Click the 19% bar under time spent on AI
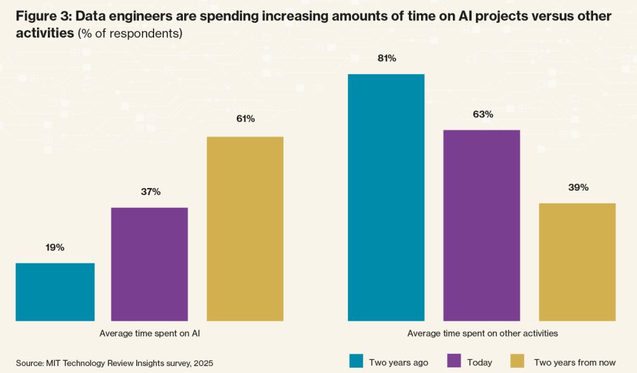[x=55, y=291]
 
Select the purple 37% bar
[x=149, y=264]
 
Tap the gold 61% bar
[x=245, y=228]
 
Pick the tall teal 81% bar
[x=386, y=197]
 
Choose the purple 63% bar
[x=482, y=225]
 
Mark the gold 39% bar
[x=577, y=261]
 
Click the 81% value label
[x=387, y=59]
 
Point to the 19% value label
[x=55, y=247]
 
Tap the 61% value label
[x=245, y=119]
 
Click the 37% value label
[x=149, y=191]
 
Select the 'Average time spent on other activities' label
[x=482, y=333]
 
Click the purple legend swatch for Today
[x=454, y=362]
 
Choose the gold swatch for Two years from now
[x=519, y=362]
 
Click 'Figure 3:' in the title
[x=42, y=17]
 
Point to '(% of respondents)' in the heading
[x=130, y=34]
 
